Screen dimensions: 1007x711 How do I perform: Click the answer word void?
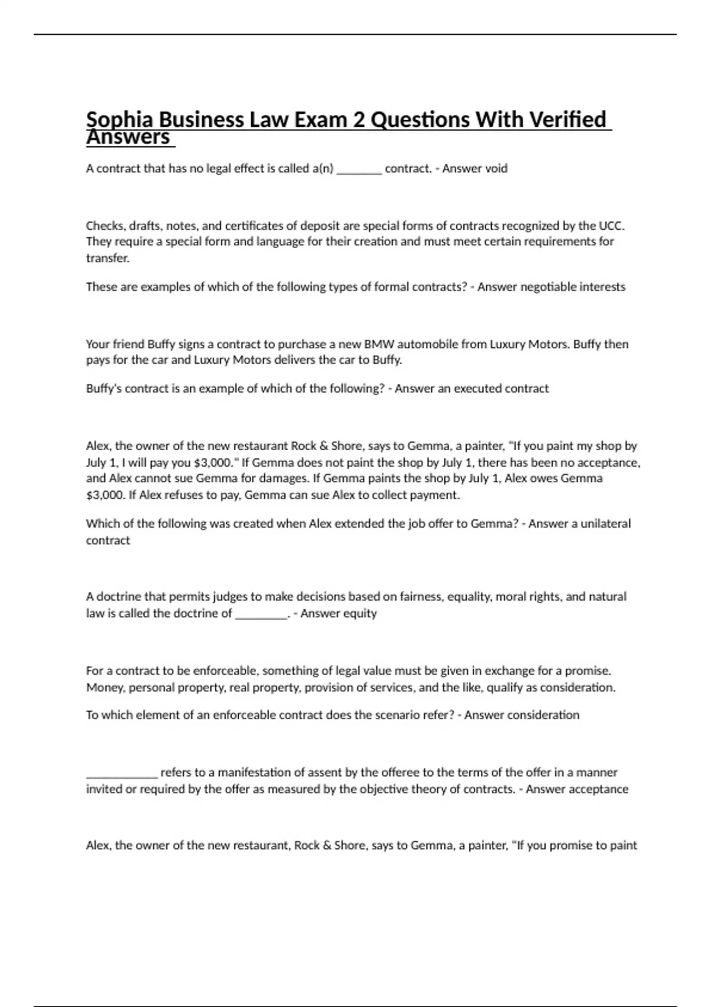[496, 168]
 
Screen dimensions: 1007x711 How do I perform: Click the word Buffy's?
[104, 389]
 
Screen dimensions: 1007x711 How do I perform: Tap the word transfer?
[107, 258]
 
